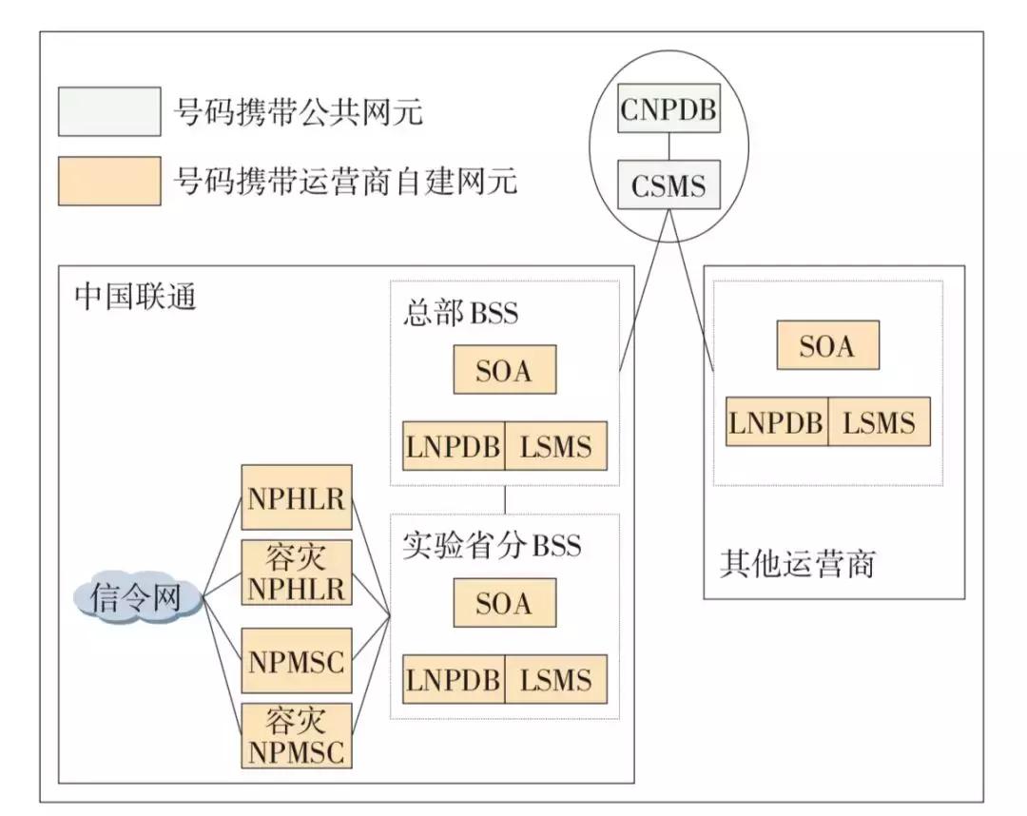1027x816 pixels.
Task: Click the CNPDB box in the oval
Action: tap(669, 109)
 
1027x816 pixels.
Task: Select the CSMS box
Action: tap(669, 185)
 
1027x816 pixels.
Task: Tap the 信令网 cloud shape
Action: tap(139, 597)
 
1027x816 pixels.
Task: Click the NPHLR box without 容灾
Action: tap(296, 498)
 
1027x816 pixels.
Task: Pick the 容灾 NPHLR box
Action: tap(296, 573)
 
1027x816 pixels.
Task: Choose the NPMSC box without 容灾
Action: tap(296, 660)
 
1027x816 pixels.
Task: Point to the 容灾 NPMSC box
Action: tap(296, 735)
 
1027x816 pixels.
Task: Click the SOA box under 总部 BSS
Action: tap(504, 370)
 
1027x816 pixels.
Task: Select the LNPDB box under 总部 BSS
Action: tap(454, 445)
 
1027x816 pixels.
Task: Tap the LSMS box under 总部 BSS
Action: tap(556, 445)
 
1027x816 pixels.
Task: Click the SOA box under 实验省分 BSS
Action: tap(504, 603)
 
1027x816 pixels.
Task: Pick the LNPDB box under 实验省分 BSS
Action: tap(454, 679)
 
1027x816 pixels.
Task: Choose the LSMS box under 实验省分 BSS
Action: tap(556, 679)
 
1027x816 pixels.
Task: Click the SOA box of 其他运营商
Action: tap(827, 345)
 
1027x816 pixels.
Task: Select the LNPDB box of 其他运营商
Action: tap(777, 421)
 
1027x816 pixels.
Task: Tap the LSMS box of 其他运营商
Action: tap(879, 421)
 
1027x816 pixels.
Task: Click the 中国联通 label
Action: tap(136, 297)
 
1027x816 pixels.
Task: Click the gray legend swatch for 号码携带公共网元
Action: tap(108, 112)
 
